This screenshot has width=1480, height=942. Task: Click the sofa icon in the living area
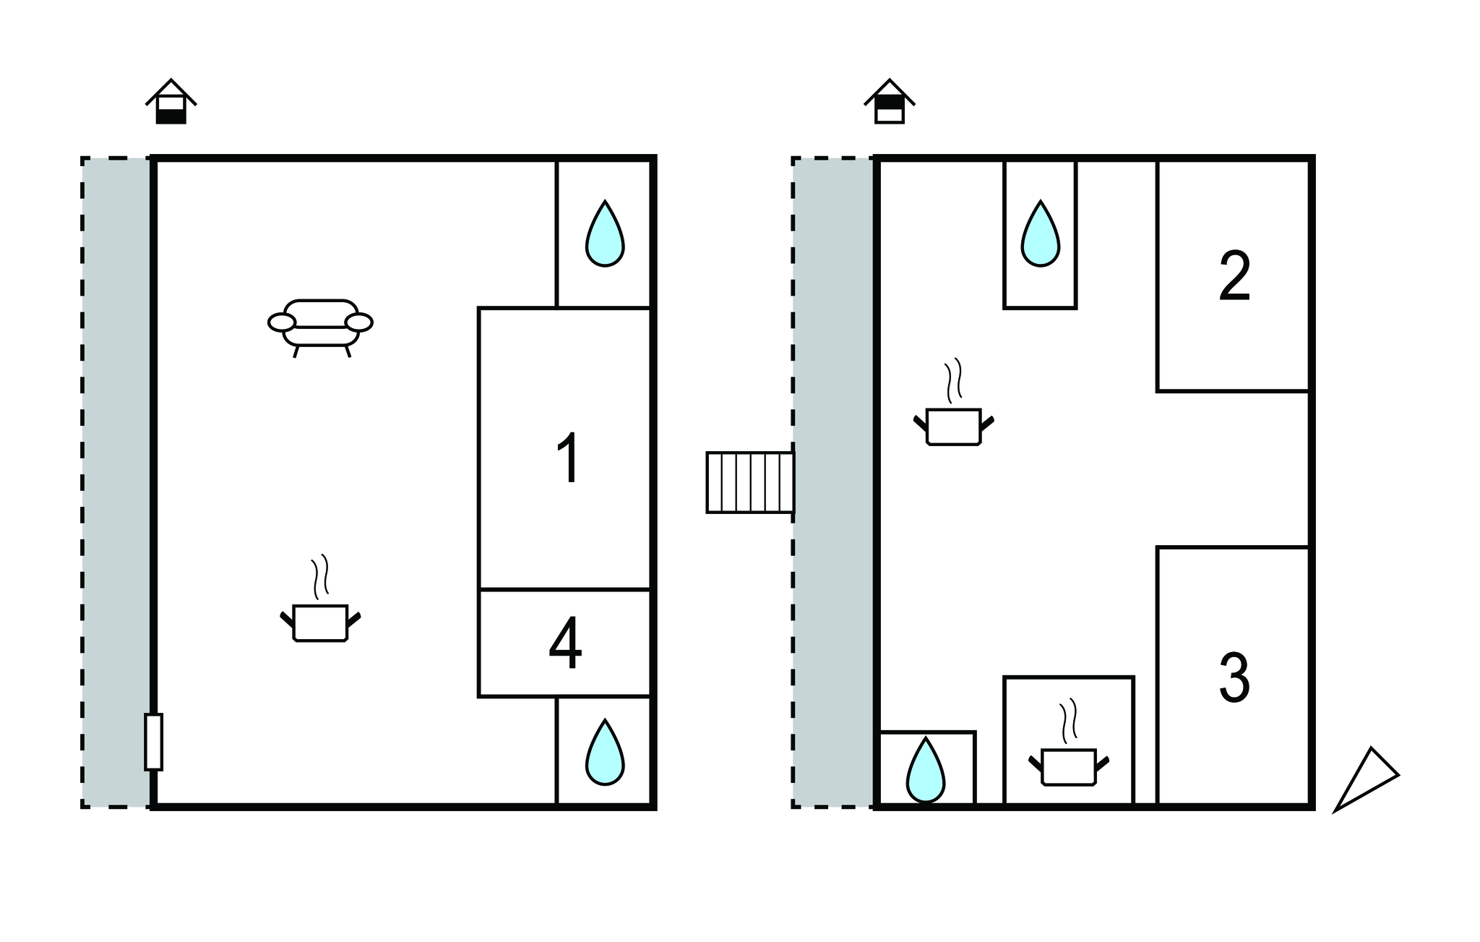click(x=320, y=326)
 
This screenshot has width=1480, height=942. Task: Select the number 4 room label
click(x=565, y=643)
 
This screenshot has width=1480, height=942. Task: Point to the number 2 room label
click(x=1234, y=277)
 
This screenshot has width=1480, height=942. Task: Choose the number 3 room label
click(x=1234, y=677)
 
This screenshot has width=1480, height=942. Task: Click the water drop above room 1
click(x=604, y=234)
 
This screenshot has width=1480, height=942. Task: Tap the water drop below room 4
click(x=604, y=753)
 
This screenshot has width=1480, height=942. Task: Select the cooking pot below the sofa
click(x=320, y=622)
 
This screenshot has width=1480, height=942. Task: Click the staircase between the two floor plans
click(x=749, y=482)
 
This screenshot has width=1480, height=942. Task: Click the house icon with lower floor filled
click(x=171, y=102)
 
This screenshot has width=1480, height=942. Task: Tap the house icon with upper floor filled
click(x=890, y=102)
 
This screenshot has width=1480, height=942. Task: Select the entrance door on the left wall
click(x=153, y=741)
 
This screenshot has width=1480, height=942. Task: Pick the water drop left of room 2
click(x=1040, y=234)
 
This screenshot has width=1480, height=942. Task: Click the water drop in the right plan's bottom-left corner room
click(x=925, y=771)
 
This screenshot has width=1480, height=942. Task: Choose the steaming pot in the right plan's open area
click(x=953, y=425)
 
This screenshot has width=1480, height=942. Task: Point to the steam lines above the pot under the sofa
click(x=320, y=575)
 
